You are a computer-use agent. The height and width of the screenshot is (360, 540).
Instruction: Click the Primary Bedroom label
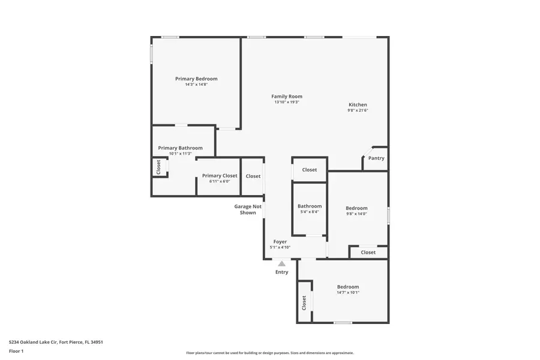click(196, 79)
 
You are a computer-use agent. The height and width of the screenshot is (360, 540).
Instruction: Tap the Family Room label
click(287, 96)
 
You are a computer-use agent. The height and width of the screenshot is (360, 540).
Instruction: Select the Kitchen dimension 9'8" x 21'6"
click(358, 110)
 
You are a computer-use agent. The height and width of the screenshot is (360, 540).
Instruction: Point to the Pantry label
click(376, 158)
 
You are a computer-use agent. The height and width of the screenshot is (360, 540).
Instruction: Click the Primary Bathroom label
click(180, 148)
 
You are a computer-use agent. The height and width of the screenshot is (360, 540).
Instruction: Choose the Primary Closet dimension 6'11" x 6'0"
click(220, 181)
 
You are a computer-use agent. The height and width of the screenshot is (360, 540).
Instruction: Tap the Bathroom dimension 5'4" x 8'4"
click(310, 212)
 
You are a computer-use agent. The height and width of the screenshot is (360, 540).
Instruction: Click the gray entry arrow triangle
click(281, 263)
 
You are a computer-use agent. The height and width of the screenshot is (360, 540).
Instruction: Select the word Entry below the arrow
click(281, 272)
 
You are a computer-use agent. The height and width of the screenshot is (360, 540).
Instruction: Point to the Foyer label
click(280, 242)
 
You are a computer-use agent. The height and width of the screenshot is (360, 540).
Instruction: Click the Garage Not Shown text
click(248, 209)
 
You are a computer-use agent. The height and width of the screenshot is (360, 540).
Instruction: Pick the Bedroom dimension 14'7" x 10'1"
click(348, 293)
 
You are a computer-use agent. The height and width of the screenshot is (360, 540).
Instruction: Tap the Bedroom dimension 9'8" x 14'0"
click(356, 214)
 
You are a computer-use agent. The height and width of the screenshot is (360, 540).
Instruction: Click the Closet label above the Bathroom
click(310, 170)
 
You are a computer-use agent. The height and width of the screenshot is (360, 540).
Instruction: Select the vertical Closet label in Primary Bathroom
click(158, 167)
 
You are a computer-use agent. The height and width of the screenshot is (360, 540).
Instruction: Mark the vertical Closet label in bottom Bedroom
click(304, 302)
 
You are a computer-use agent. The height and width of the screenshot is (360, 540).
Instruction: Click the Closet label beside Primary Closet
click(253, 176)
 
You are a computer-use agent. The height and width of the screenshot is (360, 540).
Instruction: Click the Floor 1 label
click(16, 351)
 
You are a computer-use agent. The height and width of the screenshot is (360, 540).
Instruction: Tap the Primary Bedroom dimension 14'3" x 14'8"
click(196, 85)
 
